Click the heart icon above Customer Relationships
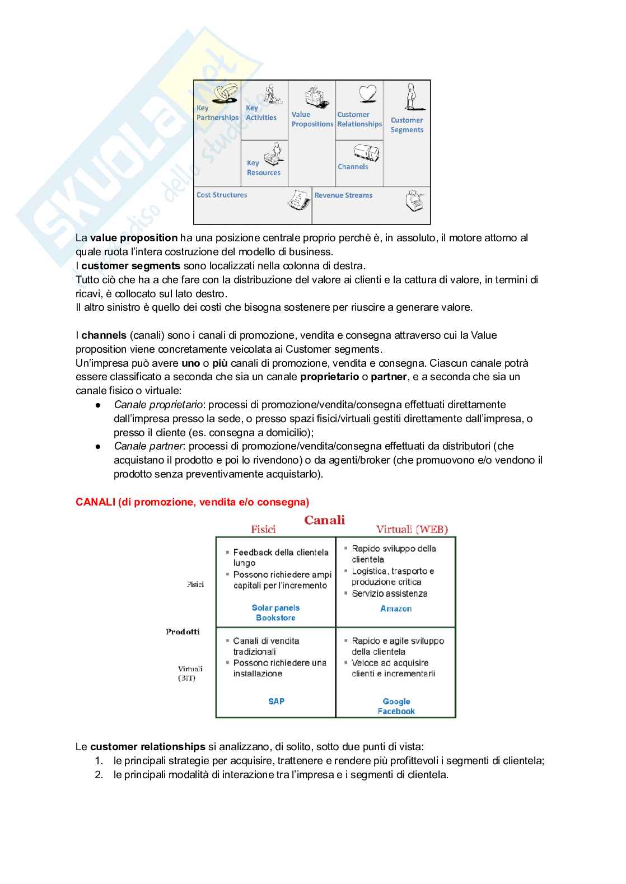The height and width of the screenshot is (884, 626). pyautogui.click(x=367, y=93)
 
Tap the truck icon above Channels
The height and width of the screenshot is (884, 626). pyautogui.click(x=366, y=152)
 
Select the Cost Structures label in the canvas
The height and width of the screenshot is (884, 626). pyautogui.click(x=222, y=195)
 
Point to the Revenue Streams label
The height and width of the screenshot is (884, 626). pyautogui.click(x=343, y=195)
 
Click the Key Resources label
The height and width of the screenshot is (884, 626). pyautogui.click(x=263, y=168)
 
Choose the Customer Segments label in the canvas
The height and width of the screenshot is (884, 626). pyautogui.click(x=407, y=125)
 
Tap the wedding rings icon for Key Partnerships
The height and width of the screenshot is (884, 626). pyautogui.click(x=223, y=94)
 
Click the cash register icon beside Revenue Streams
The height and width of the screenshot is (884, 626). pyautogui.click(x=415, y=200)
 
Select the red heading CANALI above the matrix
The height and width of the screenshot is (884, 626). pyautogui.click(x=192, y=502)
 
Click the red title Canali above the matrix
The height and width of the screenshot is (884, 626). pyautogui.click(x=324, y=520)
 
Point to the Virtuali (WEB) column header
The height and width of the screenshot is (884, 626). pyautogui.click(x=412, y=530)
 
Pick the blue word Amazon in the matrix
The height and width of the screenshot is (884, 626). pyautogui.click(x=396, y=609)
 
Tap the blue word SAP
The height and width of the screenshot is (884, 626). pyautogui.click(x=276, y=701)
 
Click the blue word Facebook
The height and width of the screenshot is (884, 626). pyautogui.click(x=396, y=711)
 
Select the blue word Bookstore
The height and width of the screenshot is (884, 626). pyautogui.click(x=275, y=618)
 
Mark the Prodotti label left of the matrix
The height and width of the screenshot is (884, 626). pyautogui.click(x=183, y=632)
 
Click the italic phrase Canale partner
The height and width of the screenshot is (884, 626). pyautogui.click(x=148, y=446)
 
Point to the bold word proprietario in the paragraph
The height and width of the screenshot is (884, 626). pyautogui.click(x=329, y=377)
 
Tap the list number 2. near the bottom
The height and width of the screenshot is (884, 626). pyautogui.click(x=99, y=775)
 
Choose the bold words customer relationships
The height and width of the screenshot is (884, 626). pyautogui.click(x=148, y=747)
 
